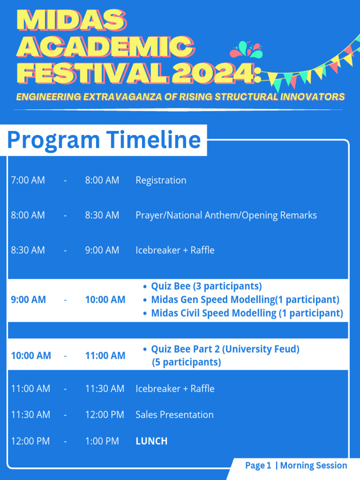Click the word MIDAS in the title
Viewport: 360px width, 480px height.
pyautogui.click(x=71, y=21)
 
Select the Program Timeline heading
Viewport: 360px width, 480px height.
pyautogui.click(x=104, y=140)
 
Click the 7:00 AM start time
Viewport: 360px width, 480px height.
pyautogui.click(x=28, y=180)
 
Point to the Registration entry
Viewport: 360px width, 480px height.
pyautogui.click(x=161, y=180)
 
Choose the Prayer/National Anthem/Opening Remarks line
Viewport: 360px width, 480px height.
pyautogui.click(x=226, y=215)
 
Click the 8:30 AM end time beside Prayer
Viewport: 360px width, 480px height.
pyautogui.click(x=102, y=215)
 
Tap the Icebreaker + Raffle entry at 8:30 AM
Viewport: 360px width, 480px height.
pyautogui.click(x=175, y=250)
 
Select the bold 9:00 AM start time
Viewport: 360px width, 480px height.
pyautogui.click(x=28, y=300)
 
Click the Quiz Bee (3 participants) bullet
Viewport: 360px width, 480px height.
pyautogui.click(x=206, y=286)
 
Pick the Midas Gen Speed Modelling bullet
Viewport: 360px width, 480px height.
pyautogui.click(x=245, y=300)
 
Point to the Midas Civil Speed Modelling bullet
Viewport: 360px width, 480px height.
pyautogui.click(x=247, y=313)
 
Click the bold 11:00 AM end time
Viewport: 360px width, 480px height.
pyautogui.click(x=105, y=356)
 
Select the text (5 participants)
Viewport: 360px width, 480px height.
pyautogui.click(x=186, y=362)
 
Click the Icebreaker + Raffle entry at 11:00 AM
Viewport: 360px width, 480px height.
pyautogui.click(x=175, y=389)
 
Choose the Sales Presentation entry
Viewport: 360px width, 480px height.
pyautogui.click(x=174, y=415)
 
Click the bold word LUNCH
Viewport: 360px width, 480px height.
pyautogui.click(x=151, y=441)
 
